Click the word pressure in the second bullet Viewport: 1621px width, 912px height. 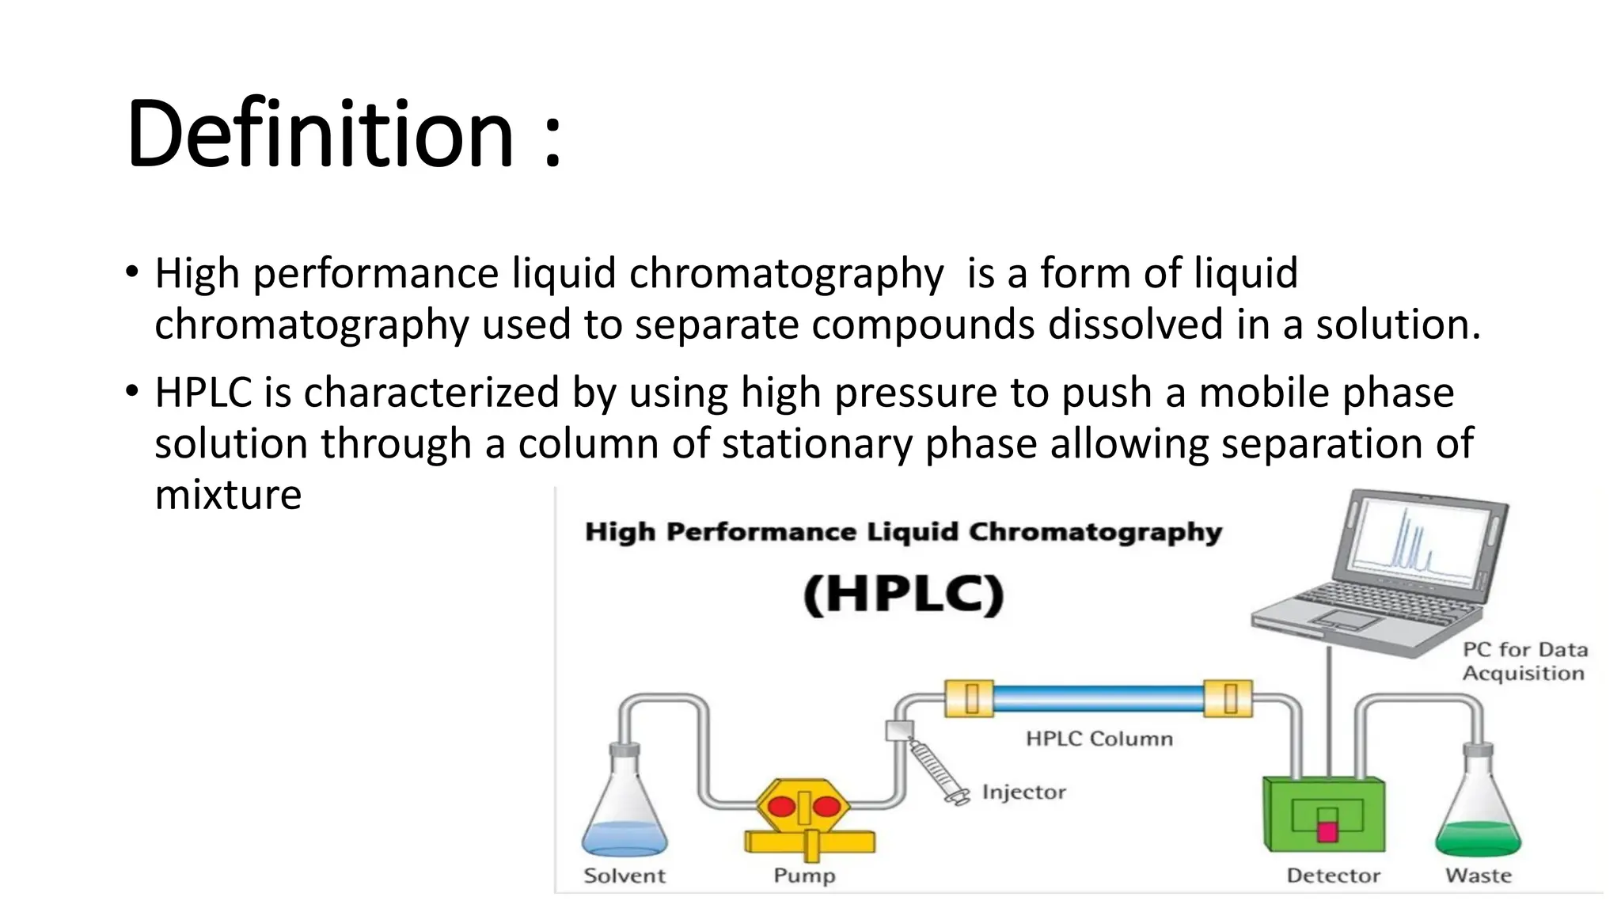(915, 393)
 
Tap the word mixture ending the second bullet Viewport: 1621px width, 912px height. (228, 496)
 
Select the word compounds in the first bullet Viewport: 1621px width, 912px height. (923, 325)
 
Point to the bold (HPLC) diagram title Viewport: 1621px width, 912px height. (903, 595)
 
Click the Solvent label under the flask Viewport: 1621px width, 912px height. (624, 876)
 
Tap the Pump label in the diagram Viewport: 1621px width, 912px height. (804, 876)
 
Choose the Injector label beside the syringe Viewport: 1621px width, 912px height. (1023, 792)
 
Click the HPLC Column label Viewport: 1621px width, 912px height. (1099, 739)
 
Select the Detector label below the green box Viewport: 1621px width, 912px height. (1333, 876)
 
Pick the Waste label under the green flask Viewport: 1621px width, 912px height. (1478, 876)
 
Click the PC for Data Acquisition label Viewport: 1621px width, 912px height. (1524, 661)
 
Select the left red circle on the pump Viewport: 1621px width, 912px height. (781, 807)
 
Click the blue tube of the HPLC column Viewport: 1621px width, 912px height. (1099, 698)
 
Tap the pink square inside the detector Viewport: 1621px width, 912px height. (1327, 830)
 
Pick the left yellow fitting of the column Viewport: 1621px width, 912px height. (970, 698)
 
